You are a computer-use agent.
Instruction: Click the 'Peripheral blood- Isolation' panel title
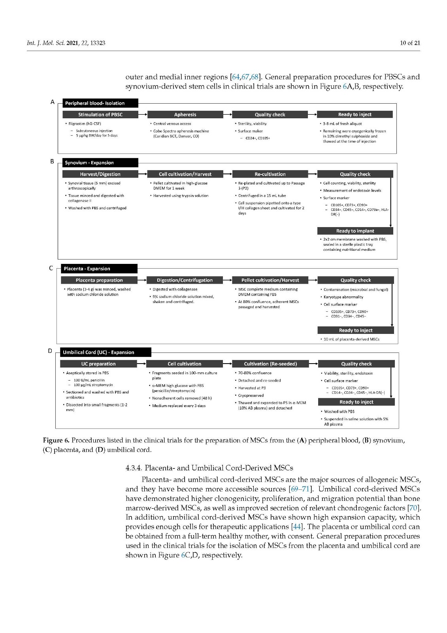100,103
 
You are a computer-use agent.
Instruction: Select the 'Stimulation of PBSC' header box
100,115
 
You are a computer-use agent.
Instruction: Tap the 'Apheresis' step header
185,115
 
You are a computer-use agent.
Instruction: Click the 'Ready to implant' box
355,231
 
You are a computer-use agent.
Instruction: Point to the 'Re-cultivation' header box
270,174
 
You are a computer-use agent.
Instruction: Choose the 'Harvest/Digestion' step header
100,174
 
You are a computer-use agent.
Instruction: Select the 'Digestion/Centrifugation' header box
185,280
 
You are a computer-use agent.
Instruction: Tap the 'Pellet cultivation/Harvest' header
270,280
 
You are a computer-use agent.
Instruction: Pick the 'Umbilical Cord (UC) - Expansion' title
106,352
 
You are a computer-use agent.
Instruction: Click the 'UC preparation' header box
98,364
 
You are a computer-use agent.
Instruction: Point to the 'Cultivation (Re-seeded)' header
270,364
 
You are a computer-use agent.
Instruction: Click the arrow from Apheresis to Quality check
227,115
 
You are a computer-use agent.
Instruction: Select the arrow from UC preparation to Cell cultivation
141,364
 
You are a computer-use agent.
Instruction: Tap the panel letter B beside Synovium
52,161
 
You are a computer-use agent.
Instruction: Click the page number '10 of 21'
410,43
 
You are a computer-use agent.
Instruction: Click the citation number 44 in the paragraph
296,527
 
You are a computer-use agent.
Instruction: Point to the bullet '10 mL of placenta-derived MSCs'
351,339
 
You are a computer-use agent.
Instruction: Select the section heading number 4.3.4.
133,468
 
